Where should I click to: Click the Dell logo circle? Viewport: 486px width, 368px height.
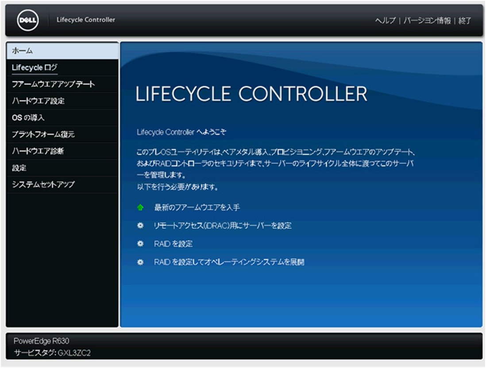(x=28, y=20)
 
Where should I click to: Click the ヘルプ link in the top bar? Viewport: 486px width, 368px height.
(x=385, y=21)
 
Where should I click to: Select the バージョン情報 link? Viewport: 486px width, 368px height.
(x=427, y=21)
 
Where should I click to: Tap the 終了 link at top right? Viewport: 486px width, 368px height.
(x=465, y=21)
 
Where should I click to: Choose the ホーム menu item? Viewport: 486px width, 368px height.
(x=22, y=51)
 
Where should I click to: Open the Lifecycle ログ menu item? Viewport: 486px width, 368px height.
(x=35, y=68)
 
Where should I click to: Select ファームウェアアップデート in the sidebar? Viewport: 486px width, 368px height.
(x=53, y=84)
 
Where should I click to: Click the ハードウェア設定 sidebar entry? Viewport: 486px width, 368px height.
(x=38, y=101)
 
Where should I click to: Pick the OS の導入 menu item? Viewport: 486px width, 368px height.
(x=28, y=118)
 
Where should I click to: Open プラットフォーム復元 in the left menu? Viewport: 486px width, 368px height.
(x=43, y=135)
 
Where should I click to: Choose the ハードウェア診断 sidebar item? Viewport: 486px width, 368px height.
(x=38, y=151)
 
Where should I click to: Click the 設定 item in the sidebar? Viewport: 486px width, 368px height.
(x=19, y=168)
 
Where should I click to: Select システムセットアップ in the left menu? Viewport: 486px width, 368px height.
(x=43, y=185)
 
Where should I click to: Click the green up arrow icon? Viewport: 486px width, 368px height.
(x=140, y=207)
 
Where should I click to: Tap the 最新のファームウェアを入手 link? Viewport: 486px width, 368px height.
(x=197, y=207)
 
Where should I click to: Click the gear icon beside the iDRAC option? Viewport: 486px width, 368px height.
(x=140, y=225)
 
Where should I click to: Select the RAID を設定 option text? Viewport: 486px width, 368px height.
(x=173, y=244)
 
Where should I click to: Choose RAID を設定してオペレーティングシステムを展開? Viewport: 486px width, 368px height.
(x=229, y=262)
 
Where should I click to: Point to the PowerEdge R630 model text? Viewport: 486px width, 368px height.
(x=41, y=341)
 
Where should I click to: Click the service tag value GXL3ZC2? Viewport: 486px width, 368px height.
(x=74, y=353)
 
